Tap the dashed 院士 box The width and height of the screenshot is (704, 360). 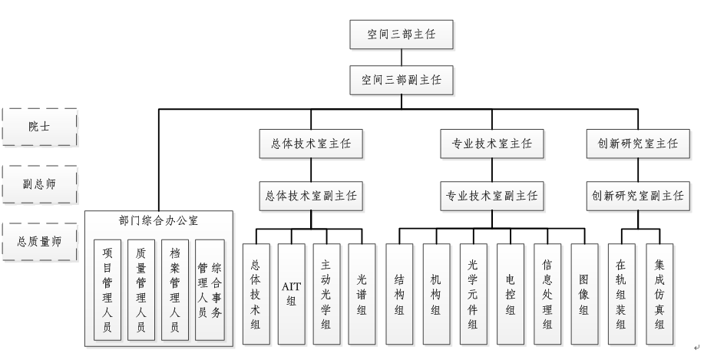click(39, 127)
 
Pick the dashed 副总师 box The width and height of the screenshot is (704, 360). click(39, 184)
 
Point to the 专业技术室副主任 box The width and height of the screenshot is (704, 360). click(492, 196)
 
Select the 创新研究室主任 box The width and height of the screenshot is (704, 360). click(637, 143)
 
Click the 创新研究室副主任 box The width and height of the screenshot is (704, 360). click(637, 196)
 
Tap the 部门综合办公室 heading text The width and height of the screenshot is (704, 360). click(158, 221)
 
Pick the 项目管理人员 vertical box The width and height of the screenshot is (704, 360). click(107, 289)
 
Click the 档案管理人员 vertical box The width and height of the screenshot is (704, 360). click(175, 289)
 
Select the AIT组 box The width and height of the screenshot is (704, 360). click(291, 292)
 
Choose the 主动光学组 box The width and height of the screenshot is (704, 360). click(326, 292)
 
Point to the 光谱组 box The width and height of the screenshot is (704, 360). click(362, 292)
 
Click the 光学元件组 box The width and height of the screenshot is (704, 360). click(473, 292)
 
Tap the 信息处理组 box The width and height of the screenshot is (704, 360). click(547, 292)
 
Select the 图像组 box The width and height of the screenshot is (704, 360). click(584, 292)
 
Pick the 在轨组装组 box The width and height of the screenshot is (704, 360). click(621, 292)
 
